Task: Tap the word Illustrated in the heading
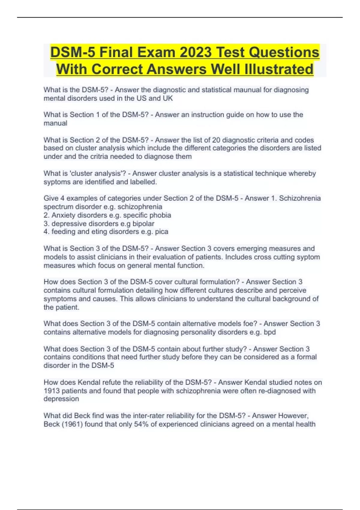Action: [x=279, y=69]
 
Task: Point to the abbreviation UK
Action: [x=168, y=98]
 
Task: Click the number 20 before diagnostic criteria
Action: [x=216, y=140]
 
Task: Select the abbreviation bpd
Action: [x=269, y=332]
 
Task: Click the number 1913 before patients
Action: [x=52, y=391]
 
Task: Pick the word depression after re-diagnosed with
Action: [x=61, y=399]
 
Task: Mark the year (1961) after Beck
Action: [x=72, y=424]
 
